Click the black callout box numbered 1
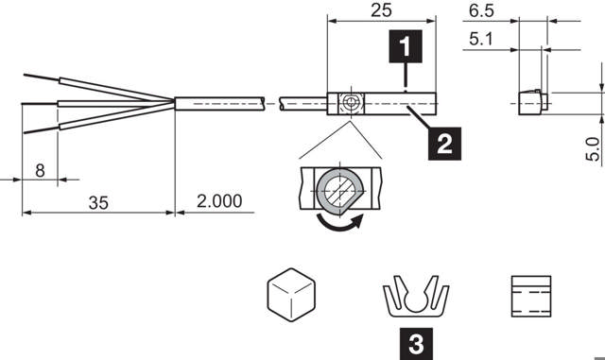pos(405,45)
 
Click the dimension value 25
pos(381,10)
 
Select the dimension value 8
pos(40,171)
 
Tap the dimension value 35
pos(97,201)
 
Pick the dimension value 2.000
pos(218,201)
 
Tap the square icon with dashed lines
pos(530,294)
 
